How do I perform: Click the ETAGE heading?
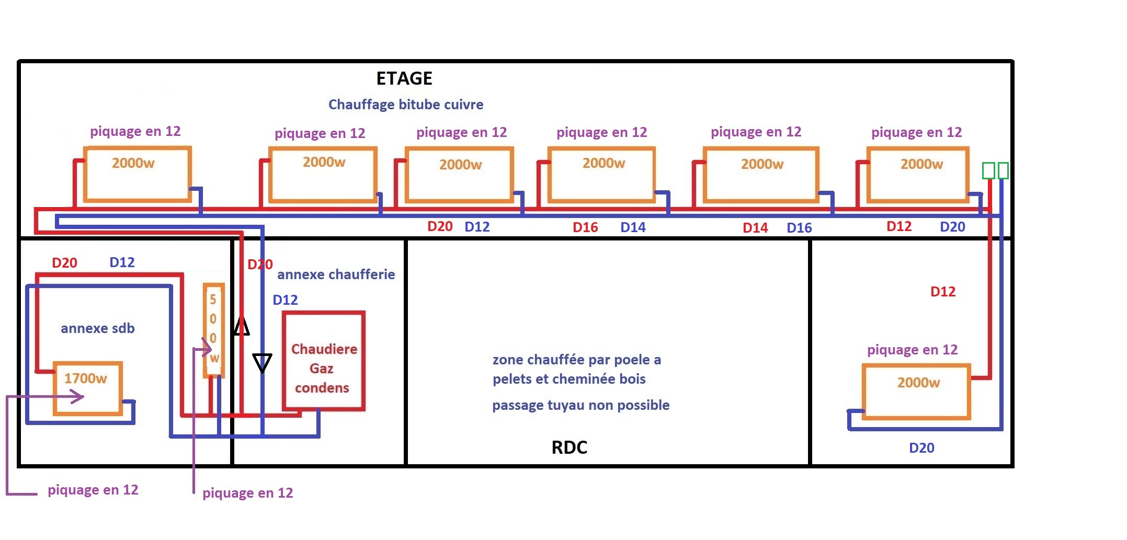pos(404,78)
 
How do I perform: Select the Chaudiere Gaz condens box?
pos(324,361)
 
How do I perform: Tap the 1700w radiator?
pos(88,387)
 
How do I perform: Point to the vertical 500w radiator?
pos(214,330)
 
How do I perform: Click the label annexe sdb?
pos(98,328)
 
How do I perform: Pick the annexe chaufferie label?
pos(336,274)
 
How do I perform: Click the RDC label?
pos(570,447)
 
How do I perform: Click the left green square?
pos(988,170)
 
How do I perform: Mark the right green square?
pos(1003,170)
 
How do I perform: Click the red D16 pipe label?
pos(585,227)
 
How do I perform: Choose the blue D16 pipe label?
pos(799,228)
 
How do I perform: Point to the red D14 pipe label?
pos(755,228)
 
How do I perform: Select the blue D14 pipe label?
pos(633,227)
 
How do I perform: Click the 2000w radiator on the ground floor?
pos(917,392)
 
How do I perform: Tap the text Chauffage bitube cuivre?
pos(406,105)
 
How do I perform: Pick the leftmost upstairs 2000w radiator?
pos(137,174)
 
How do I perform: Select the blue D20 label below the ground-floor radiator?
pos(921,448)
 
